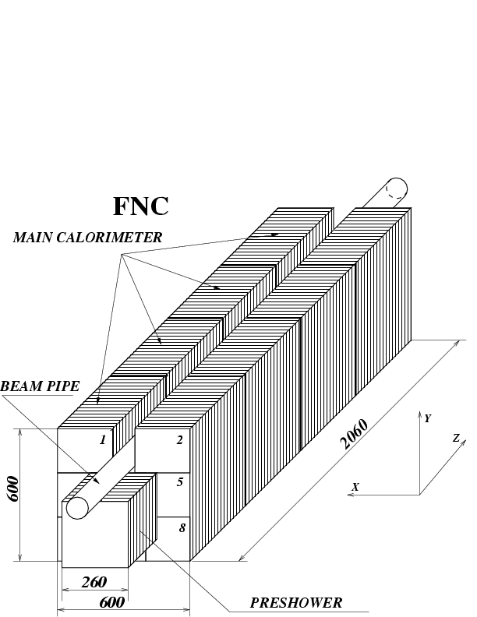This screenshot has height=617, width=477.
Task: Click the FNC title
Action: pos(141,206)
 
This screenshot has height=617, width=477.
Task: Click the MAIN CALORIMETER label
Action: pos(87,238)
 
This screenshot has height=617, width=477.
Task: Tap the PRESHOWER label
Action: pos(295,602)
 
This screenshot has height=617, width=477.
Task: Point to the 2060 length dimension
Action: pos(355,435)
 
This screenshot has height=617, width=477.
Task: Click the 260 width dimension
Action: pos(94,581)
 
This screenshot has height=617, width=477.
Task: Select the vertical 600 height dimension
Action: pos(13,488)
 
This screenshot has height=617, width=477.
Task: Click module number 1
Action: pos(102,440)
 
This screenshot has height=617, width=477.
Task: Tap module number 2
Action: pos(179,440)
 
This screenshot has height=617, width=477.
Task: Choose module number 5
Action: pos(180,482)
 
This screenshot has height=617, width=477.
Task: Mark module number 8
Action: pos(182,528)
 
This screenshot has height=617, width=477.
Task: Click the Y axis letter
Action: pos(427,418)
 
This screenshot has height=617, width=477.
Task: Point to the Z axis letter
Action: pos(456,439)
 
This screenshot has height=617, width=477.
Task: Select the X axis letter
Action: pos(355,487)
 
